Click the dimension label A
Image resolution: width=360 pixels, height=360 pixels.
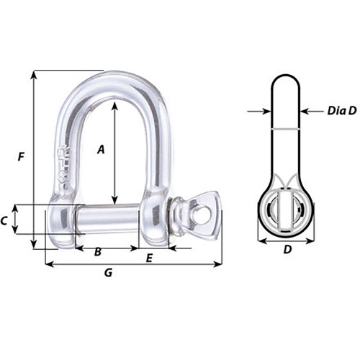[x=102, y=149]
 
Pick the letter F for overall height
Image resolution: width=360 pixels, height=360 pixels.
[x=22, y=156]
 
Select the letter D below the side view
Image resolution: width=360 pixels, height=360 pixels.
[x=287, y=250]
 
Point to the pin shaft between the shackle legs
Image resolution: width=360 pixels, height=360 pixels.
[x=108, y=220]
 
